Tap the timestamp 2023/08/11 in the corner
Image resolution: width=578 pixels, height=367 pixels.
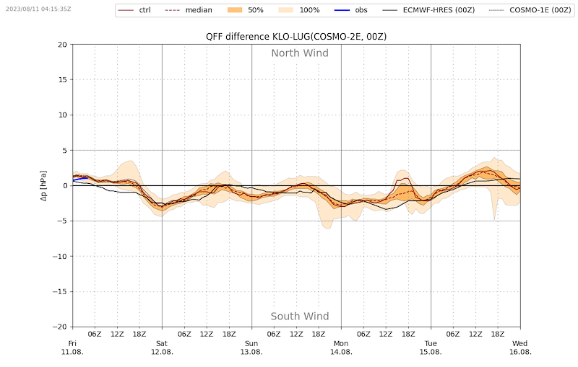(x=38, y=9)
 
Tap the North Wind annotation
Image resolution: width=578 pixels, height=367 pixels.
(x=299, y=53)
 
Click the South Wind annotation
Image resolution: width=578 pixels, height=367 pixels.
(x=299, y=317)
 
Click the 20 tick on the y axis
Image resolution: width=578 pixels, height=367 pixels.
(x=62, y=45)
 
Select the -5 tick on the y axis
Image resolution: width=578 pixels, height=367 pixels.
(x=61, y=221)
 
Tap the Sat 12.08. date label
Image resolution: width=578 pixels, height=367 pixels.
(x=162, y=348)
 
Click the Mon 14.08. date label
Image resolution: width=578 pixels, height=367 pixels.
(x=341, y=348)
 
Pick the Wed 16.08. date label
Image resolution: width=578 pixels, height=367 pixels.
(x=520, y=348)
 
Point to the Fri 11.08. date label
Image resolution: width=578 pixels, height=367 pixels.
(x=72, y=348)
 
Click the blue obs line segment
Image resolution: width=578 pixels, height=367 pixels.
(x=79, y=178)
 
